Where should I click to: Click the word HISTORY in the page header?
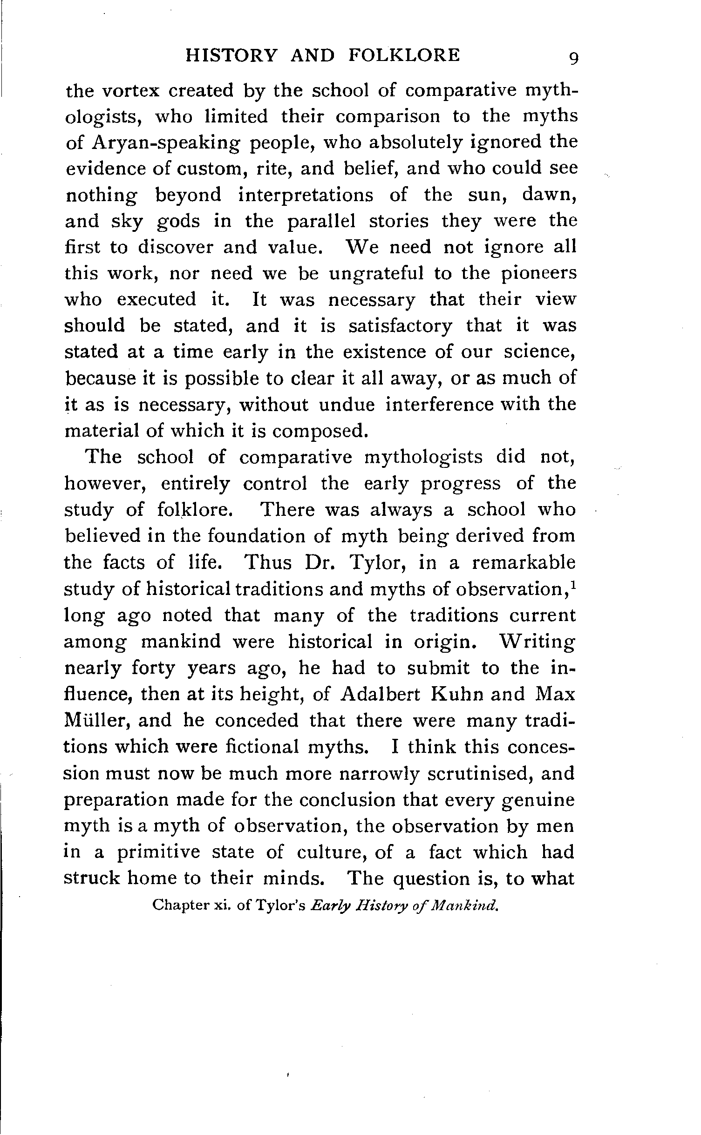coord(231,55)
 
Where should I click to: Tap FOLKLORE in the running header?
coord(404,55)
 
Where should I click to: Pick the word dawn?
coord(550,194)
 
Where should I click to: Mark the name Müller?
coord(95,721)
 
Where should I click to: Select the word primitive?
coord(158,852)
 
